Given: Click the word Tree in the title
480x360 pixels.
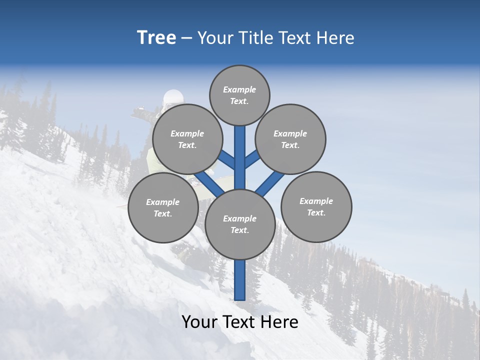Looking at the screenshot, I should (x=156, y=37).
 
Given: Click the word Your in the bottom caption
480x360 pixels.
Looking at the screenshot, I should (x=200, y=322).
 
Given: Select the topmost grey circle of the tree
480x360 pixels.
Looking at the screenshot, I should (x=239, y=95).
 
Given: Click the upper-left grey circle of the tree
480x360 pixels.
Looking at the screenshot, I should (x=187, y=139).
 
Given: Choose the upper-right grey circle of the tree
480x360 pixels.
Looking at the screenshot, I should (x=290, y=139).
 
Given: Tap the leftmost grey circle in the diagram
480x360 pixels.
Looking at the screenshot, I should (x=163, y=207).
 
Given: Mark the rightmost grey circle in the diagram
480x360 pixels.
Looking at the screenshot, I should (x=316, y=206).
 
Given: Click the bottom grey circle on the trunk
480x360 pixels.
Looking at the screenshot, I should (x=240, y=224).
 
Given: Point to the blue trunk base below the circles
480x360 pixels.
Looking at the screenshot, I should (x=240, y=280).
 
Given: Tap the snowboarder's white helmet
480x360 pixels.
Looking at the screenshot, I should (x=173, y=97).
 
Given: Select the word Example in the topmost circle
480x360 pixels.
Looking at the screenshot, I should (x=239, y=89).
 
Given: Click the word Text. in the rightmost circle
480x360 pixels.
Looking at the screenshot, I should (x=316, y=212).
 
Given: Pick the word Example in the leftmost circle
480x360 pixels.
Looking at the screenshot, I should (x=162, y=202).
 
